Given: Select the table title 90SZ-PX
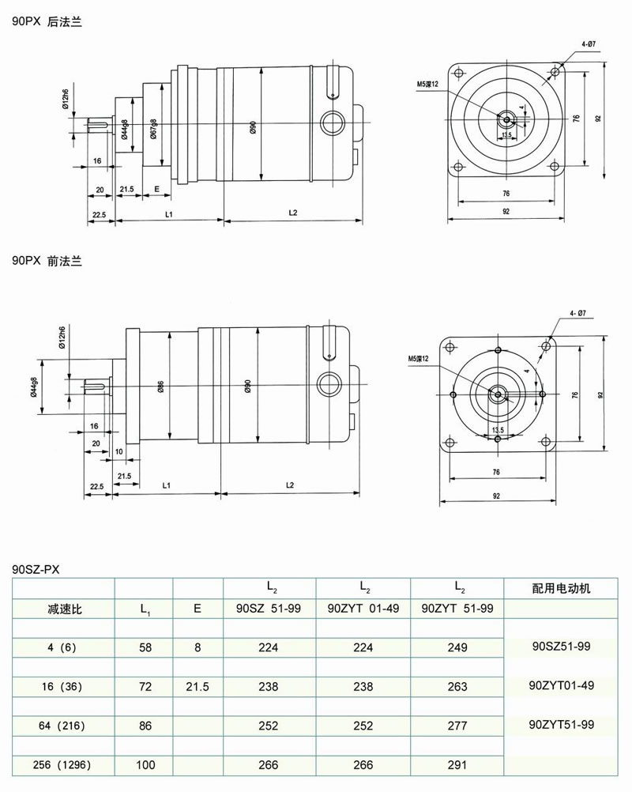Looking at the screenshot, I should (x=36, y=568).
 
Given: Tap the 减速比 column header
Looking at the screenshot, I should (x=63, y=609).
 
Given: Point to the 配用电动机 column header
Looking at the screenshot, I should (x=562, y=589).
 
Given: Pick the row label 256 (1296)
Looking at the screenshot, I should (x=63, y=764).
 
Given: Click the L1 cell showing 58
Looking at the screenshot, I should (x=145, y=647).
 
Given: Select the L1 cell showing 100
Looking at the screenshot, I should (x=145, y=764).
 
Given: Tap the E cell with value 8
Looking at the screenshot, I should (x=197, y=647).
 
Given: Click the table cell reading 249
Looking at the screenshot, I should (x=457, y=647).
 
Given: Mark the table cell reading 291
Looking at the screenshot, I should (x=457, y=764).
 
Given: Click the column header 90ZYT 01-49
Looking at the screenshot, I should (x=363, y=609).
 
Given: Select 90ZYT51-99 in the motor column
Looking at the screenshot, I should (x=562, y=724).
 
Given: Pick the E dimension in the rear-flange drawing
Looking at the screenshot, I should (x=157, y=190).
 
